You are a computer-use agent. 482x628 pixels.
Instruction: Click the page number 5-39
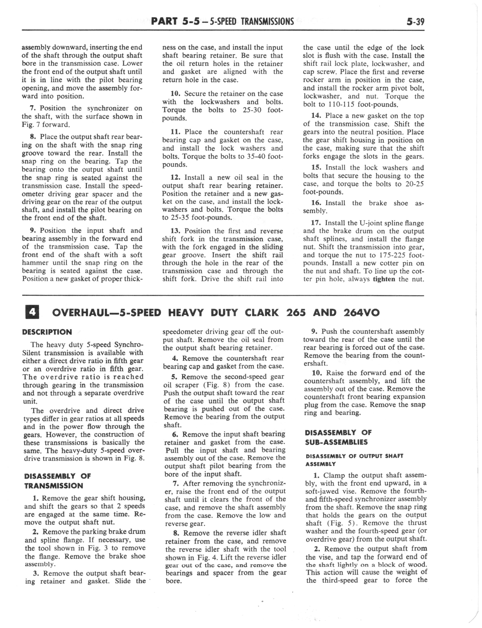tap(415, 22)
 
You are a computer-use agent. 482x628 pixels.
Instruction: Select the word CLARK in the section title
tap(261, 313)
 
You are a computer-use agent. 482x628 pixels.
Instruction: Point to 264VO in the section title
tap(361, 313)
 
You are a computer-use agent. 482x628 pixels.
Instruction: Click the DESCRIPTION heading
tap(47, 332)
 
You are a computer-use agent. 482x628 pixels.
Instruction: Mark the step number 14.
tap(317, 116)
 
